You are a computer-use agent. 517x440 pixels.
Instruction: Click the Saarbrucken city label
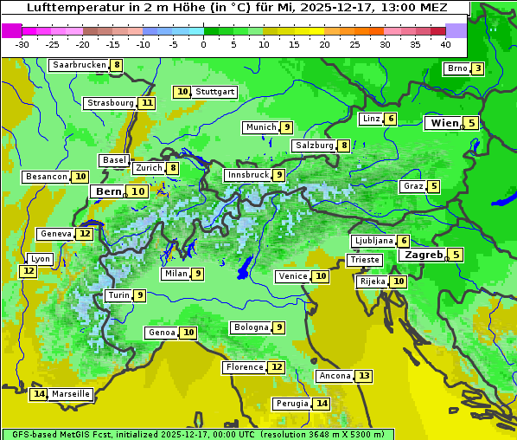point(79,65)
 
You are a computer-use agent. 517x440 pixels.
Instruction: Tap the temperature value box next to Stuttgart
point(182,92)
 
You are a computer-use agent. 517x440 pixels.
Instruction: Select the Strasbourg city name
point(110,103)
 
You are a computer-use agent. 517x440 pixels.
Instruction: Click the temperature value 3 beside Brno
point(477,69)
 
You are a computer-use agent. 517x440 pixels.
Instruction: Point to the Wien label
point(445,123)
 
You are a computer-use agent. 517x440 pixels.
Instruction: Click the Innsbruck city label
point(247,175)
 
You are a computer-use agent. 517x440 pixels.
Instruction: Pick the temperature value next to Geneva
point(85,234)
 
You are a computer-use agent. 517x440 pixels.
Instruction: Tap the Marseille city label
point(71,394)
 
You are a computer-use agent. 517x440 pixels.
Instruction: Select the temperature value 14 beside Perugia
point(322,404)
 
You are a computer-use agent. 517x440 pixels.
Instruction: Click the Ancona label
point(335,376)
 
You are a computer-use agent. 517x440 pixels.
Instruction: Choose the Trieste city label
point(364,260)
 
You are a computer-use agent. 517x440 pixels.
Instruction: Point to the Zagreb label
point(424,255)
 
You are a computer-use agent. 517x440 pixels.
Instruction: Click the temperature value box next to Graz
point(434,186)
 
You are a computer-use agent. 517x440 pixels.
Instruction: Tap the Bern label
point(109,191)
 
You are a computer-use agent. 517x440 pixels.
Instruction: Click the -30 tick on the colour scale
point(23,44)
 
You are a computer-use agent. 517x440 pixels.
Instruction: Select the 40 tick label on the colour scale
point(445,44)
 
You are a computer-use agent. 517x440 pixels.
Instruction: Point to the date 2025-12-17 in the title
point(337,7)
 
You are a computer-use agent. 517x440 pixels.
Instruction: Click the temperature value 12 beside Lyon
point(29,271)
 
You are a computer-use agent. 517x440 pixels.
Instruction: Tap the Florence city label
point(244,367)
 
